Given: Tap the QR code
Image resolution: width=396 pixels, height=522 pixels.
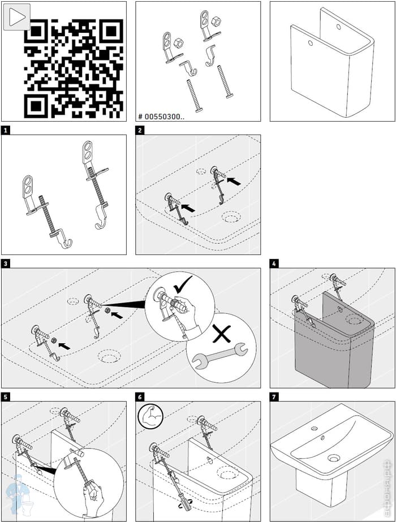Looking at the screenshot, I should (74, 67).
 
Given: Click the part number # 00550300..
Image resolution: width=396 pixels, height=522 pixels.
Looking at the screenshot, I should (161, 117).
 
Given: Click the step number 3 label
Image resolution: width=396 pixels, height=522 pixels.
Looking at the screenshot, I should (6, 264).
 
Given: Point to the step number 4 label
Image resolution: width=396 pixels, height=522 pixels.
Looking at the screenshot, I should (274, 264).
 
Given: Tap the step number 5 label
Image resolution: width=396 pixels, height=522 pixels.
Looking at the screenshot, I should (6, 397).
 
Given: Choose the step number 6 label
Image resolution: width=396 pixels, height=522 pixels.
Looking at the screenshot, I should (140, 397).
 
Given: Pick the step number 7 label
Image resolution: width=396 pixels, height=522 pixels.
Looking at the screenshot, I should (274, 397).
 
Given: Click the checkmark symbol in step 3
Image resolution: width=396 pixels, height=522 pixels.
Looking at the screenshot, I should (183, 284).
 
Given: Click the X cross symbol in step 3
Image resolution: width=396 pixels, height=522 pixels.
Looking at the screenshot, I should (221, 334).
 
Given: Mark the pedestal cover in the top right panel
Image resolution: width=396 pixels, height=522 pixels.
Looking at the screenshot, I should (331, 62).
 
